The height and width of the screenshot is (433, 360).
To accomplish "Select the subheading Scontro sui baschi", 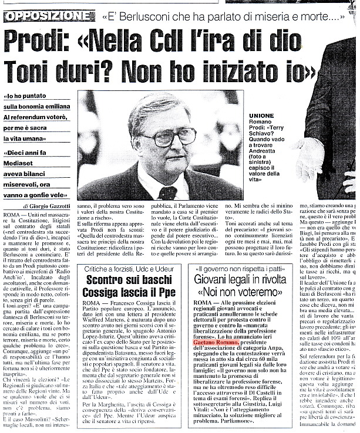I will tap(125, 280).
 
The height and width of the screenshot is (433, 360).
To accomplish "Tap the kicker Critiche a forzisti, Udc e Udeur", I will tap(125, 268).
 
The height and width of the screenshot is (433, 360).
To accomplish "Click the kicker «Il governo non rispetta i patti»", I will tap(241, 268).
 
